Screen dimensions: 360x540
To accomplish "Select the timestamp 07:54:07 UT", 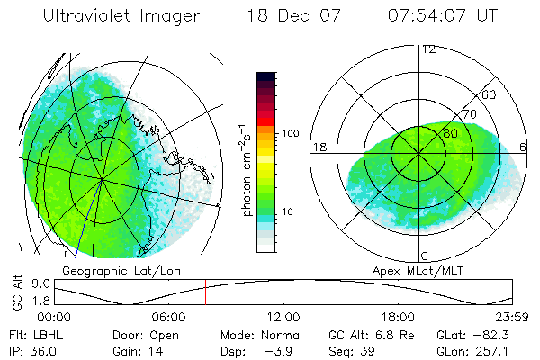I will (444, 16).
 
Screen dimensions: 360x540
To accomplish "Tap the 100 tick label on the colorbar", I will (289, 133).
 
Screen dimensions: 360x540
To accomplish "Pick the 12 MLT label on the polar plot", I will (428, 49).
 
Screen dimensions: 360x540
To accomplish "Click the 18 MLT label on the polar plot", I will (318, 146).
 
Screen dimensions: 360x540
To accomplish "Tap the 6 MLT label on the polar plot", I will (524, 146).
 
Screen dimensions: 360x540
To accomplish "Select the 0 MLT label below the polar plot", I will (425, 256).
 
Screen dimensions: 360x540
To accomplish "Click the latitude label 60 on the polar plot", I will (490, 94).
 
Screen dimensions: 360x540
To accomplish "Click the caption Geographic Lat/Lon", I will (113, 270).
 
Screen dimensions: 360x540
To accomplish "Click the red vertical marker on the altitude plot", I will (205, 293).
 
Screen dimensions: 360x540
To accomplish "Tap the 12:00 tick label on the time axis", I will (283, 317).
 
